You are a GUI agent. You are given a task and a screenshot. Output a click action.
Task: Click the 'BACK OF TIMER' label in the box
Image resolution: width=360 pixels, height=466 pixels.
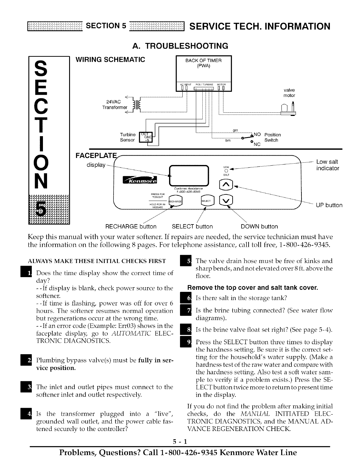click(203, 61)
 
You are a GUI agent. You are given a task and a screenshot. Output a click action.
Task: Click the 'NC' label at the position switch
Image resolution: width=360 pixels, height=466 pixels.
click(257, 144)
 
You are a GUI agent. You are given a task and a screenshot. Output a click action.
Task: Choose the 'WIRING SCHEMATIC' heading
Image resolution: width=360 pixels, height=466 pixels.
click(110, 59)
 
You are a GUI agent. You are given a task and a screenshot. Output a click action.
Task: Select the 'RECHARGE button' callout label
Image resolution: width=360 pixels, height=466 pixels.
click(131, 227)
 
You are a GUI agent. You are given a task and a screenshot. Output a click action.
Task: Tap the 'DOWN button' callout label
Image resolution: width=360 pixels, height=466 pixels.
click(259, 227)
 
